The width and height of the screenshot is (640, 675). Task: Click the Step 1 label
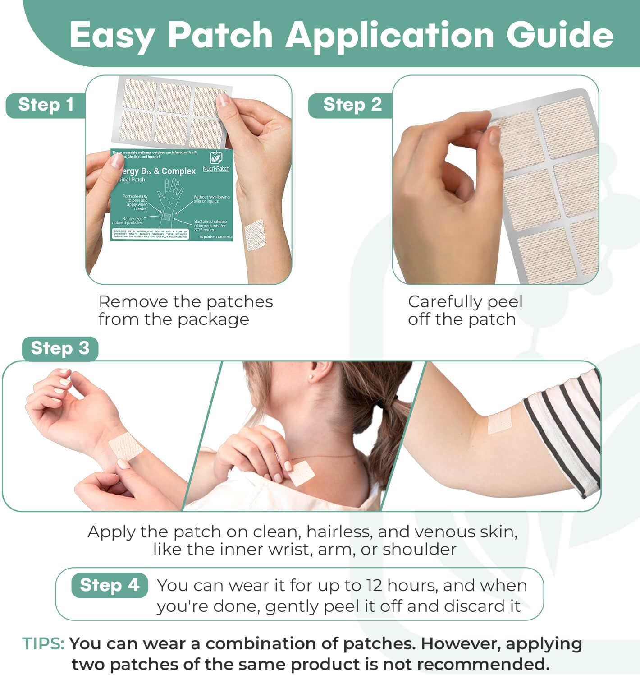click(x=46, y=105)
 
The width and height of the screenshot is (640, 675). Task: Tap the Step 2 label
click(x=352, y=105)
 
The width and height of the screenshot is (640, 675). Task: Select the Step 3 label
click(x=60, y=348)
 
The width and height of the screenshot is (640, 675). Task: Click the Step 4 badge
click(x=110, y=585)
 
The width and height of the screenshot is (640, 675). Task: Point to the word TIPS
click(x=43, y=643)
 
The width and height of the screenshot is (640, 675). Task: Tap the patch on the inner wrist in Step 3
click(x=126, y=447)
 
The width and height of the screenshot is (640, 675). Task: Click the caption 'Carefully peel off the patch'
click(x=464, y=310)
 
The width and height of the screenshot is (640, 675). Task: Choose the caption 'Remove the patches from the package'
click(x=185, y=310)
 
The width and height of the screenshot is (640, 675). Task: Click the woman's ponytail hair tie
click(x=394, y=401)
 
